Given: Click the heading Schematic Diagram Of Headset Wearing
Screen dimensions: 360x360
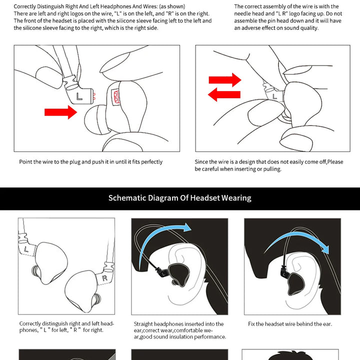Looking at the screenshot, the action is (180, 198).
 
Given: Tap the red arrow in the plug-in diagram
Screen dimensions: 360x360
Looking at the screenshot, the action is (60, 112).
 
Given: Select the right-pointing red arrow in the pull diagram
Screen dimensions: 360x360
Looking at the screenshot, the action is (225, 80).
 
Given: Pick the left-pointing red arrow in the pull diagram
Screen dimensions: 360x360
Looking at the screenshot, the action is (224, 94).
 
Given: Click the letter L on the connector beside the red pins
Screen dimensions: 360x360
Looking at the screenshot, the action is (79, 96).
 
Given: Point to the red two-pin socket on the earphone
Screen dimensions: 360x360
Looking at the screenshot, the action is (116, 96).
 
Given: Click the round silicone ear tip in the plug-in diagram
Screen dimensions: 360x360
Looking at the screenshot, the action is (95, 119).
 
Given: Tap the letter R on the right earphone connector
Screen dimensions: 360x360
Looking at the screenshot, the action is (104, 278).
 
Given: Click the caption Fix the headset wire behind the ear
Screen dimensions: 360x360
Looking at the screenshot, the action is (290, 324).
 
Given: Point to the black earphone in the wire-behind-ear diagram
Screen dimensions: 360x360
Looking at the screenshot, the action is (295, 283).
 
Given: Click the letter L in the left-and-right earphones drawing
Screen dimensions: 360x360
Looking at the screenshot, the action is (26, 249).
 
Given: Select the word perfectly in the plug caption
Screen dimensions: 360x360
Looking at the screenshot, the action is (152, 162).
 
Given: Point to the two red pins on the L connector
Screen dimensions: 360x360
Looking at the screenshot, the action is (94, 96).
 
